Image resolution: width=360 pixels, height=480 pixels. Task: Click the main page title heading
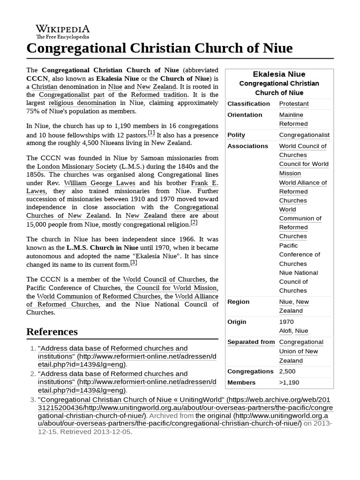[x=159, y=48]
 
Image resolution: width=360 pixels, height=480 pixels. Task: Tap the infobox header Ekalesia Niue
[x=279, y=74]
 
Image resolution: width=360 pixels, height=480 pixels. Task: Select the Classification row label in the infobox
[x=248, y=104]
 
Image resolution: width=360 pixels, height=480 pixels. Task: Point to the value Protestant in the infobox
[x=294, y=104]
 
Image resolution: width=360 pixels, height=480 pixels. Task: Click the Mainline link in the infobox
[x=291, y=115]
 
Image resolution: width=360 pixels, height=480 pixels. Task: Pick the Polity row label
[x=236, y=135]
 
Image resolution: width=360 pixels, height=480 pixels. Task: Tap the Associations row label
[x=248, y=146]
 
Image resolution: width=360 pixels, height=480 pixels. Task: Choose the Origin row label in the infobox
[x=237, y=322]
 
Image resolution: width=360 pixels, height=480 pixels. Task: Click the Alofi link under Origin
[x=286, y=331]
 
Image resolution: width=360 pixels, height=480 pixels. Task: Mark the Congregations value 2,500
[x=287, y=372]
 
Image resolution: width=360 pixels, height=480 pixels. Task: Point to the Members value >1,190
[x=289, y=382]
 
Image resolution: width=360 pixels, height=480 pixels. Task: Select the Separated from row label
[x=251, y=342]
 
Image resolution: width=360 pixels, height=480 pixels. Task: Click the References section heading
[x=52, y=331]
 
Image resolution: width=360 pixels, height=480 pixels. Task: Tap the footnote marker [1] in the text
[x=151, y=133]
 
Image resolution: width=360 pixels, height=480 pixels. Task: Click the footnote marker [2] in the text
[x=194, y=222]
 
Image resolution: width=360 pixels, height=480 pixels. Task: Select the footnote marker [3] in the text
[x=134, y=262]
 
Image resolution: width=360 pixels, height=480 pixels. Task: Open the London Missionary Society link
[x=77, y=166]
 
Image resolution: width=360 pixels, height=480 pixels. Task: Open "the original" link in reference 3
[x=213, y=415]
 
